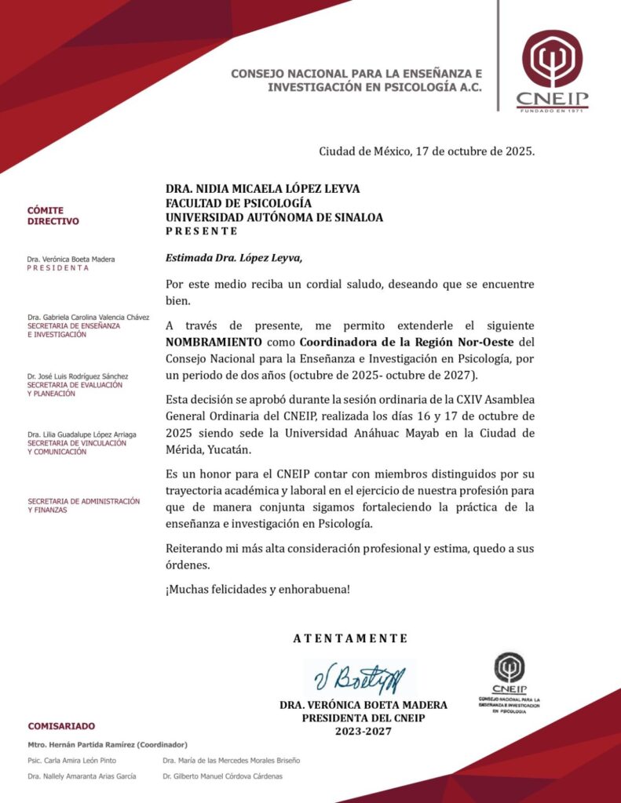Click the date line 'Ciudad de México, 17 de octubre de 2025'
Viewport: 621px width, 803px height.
tap(426, 151)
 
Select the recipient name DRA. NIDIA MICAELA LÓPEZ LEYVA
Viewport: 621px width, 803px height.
tap(263, 189)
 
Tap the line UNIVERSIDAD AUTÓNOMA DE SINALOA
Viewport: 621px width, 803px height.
tap(274, 217)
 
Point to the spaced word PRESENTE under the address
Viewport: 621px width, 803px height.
tap(201, 231)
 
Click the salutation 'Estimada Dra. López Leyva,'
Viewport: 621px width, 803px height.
tap(233, 258)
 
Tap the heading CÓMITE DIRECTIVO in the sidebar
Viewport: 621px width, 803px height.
tap(53, 216)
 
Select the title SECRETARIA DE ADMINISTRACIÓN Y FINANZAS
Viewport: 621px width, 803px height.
tap(83, 505)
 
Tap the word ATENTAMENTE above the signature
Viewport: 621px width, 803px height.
tap(350, 638)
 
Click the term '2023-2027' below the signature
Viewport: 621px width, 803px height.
tap(363, 731)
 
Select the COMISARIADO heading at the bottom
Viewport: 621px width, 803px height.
tap(61, 726)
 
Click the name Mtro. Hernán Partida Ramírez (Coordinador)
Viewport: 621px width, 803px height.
tap(107, 744)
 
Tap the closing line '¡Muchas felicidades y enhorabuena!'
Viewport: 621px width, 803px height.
tap(258, 589)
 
